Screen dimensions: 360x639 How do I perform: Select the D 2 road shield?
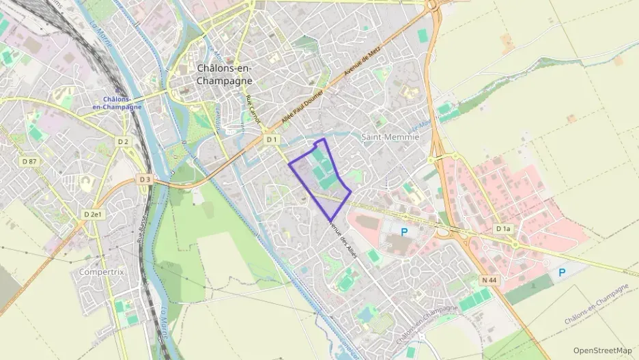point(123,141)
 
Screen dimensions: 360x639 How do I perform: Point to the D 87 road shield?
point(29,161)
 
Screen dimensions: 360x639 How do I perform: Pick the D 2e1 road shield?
point(93,214)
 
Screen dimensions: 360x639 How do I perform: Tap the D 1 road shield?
point(272,139)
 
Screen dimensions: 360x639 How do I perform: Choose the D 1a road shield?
point(503,228)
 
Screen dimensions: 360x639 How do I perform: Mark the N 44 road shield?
point(487,279)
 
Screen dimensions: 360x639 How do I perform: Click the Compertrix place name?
point(102,271)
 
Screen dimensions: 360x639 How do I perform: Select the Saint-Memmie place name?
point(389,137)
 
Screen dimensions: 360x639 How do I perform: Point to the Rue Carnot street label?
point(253,108)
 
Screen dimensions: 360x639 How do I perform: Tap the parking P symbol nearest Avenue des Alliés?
point(404,232)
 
